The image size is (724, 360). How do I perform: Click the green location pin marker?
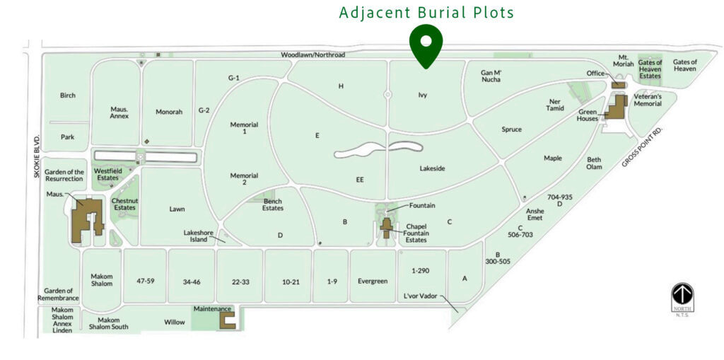pyautogui.click(x=426, y=45)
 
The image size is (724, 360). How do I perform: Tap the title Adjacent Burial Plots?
pyautogui.click(x=426, y=13)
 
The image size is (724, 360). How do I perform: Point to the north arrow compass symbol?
pyautogui.click(x=682, y=295)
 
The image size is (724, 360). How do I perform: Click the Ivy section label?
pyautogui.click(x=423, y=95)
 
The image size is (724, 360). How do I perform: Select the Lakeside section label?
pyautogui.click(x=432, y=168)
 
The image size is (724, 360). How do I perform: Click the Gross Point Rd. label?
pyautogui.click(x=643, y=148)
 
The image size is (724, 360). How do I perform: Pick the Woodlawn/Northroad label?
pyautogui.click(x=313, y=54)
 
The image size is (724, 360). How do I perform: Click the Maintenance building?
pyautogui.click(x=227, y=320)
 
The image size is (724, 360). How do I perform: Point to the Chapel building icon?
pyautogui.click(x=387, y=227)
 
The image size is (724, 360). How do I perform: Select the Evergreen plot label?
pyautogui.click(x=373, y=281)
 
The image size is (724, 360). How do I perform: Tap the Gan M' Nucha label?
pyautogui.click(x=491, y=76)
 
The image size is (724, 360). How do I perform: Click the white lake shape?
pyautogui.click(x=378, y=149)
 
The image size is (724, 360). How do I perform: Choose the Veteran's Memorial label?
pyautogui.click(x=648, y=100)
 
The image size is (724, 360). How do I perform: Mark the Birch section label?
pyautogui.click(x=68, y=95)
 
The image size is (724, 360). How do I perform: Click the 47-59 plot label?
pyautogui.click(x=145, y=281)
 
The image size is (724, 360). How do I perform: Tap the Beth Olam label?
pyautogui.click(x=594, y=163)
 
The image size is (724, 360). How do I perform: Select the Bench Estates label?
pyautogui.click(x=273, y=204)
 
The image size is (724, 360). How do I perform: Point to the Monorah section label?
pyautogui.click(x=169, y=112)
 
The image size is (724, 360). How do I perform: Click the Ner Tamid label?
pyautogui.click(x=556, y=105)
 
